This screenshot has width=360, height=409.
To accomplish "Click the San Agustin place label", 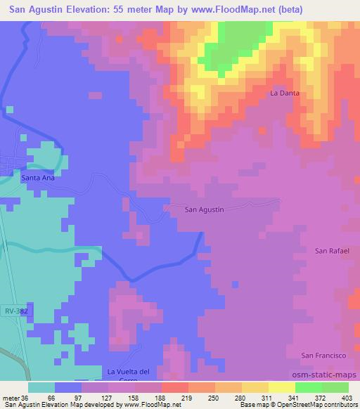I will [204, 209].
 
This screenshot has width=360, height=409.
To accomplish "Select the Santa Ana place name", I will [38, 178].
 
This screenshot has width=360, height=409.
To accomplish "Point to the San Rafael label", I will [332, 250].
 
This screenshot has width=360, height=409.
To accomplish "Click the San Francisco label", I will [326, 356].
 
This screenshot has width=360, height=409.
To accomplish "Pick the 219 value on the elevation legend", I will [176, 397].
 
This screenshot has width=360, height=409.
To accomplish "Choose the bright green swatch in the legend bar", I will [308, 387].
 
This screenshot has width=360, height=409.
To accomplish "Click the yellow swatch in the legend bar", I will [281, 387].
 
